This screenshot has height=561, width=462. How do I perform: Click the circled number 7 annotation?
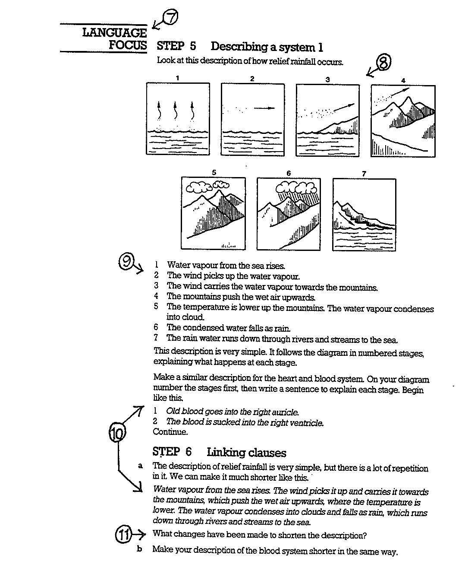click(171, 18)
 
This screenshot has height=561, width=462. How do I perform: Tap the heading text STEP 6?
click(172, 452)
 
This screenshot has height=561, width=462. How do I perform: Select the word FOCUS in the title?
click(128, 45)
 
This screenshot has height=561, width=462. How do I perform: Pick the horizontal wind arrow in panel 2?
click(264, 108)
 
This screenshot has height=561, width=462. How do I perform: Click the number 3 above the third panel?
click(327, 79)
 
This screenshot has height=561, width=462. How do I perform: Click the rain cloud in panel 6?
click(296, 187)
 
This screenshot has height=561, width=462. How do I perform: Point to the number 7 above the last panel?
click(364, 173)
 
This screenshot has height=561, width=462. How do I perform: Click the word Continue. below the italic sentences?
click(170, 432)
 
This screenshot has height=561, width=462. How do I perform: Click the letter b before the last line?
click(140, 549)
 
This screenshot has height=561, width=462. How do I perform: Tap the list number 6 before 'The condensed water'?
click(156, 327)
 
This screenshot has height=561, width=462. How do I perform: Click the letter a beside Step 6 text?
click(140, 466)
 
